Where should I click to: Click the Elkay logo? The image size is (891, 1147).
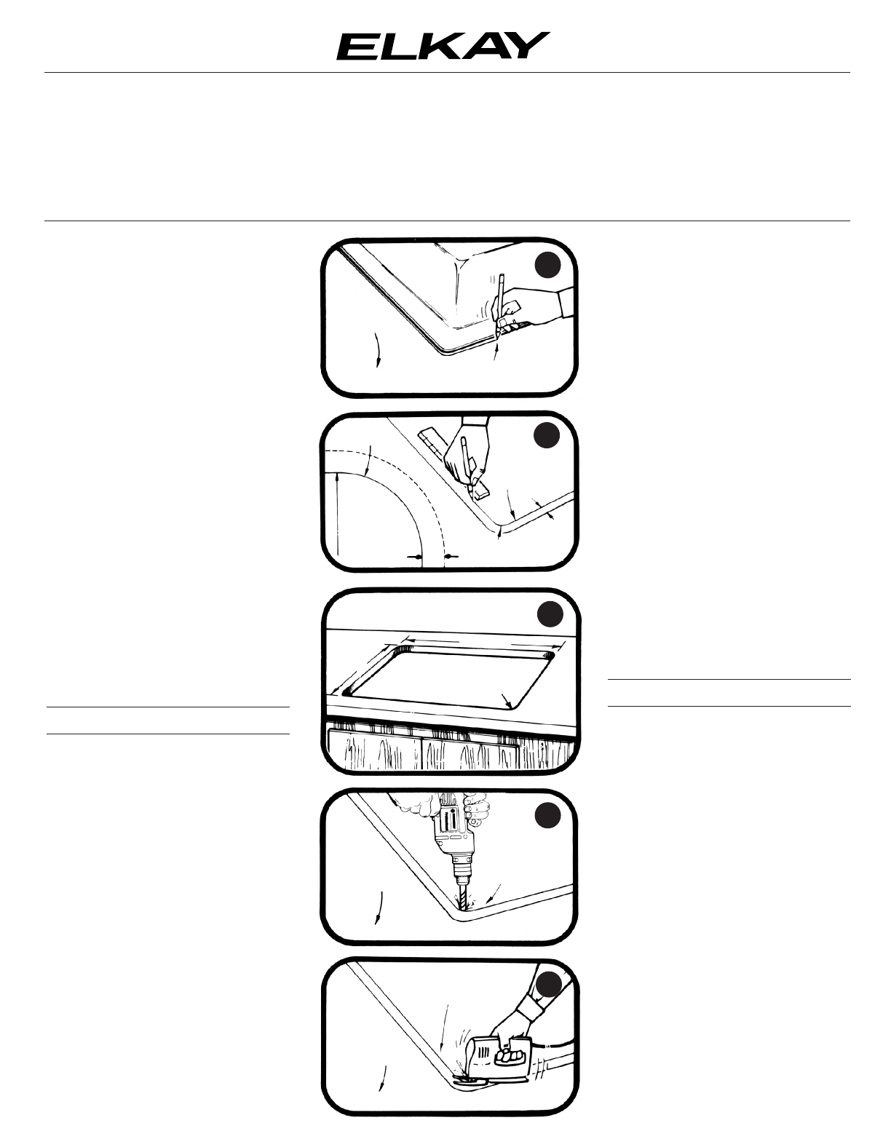point(443,46)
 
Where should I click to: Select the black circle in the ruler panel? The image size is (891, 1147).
point(547,435)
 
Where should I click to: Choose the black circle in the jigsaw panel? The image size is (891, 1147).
point(550,985)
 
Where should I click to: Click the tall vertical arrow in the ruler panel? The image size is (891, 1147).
point(337,515)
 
